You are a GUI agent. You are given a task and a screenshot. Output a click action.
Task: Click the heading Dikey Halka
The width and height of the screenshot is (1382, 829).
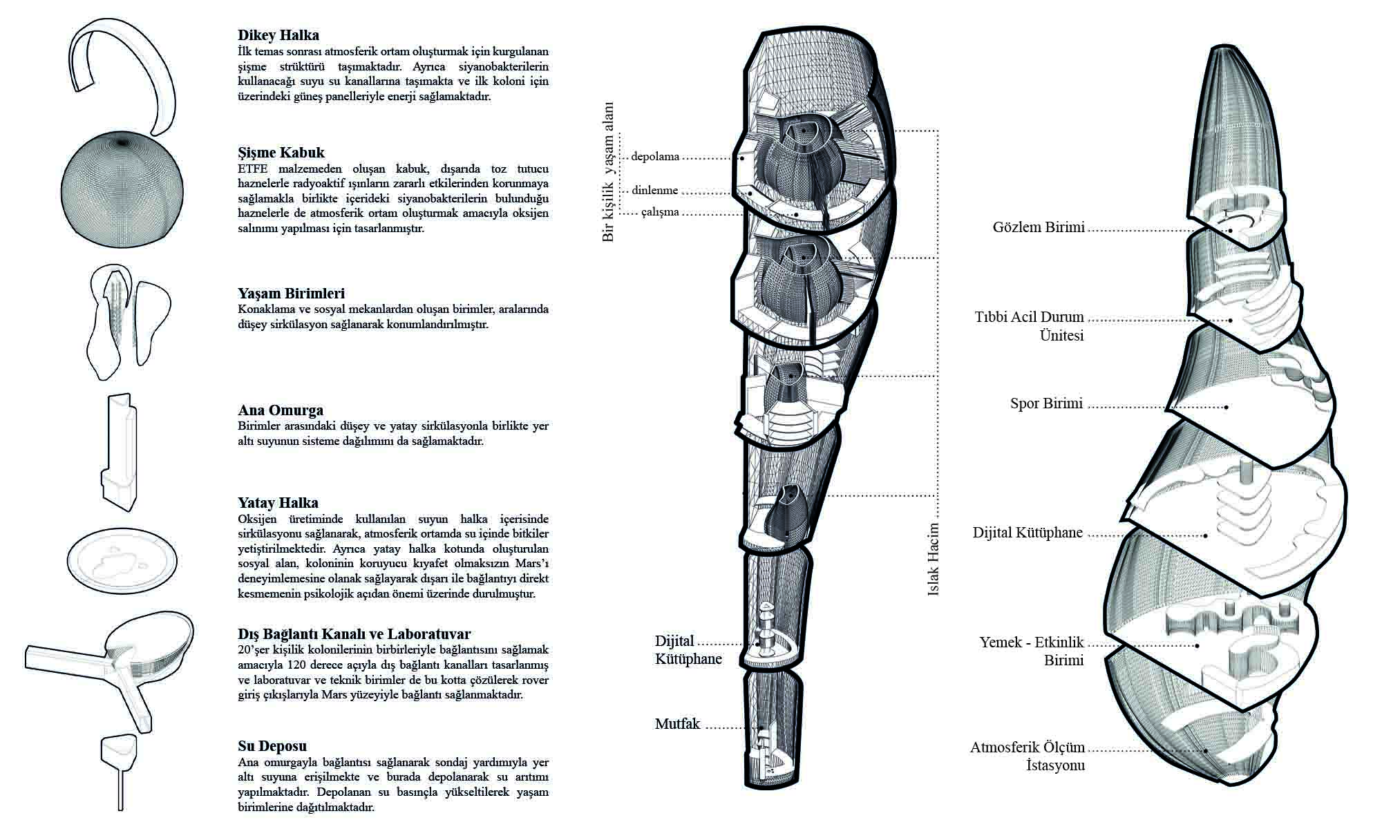[x=278, y=35]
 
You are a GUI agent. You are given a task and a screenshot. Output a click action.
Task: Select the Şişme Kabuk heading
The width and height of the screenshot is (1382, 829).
[x=281, y=153]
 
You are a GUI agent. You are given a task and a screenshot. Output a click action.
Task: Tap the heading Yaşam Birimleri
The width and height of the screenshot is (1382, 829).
[x=291, y=293]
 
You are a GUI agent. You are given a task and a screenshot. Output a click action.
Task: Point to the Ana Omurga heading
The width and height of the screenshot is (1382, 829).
[x=280, y=410]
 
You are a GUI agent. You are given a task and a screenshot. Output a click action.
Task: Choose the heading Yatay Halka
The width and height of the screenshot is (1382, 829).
[x=278, y=503]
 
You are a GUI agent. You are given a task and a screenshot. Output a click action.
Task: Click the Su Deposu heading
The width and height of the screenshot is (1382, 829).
[x=272, y=746]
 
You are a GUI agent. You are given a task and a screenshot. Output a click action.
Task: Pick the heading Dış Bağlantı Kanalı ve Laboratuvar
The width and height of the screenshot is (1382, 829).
[x=354, y=633]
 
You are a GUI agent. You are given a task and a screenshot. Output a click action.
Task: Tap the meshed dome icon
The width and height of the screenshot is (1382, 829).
[x=123, y=191]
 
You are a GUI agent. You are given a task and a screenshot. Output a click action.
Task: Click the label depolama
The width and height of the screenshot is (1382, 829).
[x=655, y=157]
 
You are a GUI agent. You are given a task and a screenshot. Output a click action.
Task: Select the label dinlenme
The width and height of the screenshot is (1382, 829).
[x=654, y=191]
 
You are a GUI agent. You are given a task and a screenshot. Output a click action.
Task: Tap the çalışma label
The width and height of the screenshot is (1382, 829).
[x=659, y=212]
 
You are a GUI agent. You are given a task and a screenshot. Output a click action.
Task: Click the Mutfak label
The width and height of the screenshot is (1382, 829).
[x=677, y=724]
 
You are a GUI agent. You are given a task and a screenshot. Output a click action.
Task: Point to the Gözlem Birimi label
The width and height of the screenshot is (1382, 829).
[x=1038, y=227]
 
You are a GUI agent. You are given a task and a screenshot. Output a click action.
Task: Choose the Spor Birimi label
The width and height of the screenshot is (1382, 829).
[x=1045, y=403]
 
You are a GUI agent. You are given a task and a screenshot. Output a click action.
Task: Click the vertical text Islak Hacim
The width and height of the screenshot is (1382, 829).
[x=933, y=560]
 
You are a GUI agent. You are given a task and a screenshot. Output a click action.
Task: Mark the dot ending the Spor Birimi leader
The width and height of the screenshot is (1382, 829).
[x=1227, y=407]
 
